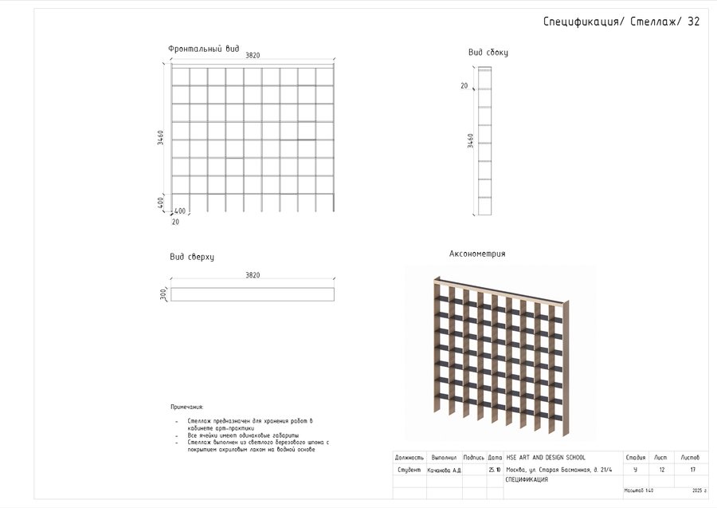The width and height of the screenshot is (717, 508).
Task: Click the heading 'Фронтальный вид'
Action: (203, 49)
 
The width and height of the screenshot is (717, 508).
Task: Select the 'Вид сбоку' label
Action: (488, 53)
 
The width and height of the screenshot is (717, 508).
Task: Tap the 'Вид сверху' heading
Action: (191, 257)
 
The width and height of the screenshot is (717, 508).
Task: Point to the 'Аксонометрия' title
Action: (477, 254)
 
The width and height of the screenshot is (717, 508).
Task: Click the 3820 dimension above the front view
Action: (253, 55)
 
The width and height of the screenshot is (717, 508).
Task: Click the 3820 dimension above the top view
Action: (253, 275)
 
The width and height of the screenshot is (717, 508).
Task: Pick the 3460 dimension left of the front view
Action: (161, 137)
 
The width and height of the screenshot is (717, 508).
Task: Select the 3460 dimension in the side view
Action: (470, 140)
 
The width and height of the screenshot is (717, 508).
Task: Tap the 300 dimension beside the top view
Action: (164, 294)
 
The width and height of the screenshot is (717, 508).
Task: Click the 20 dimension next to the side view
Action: (464, 85)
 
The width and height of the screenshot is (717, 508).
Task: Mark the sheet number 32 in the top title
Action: (693, 22)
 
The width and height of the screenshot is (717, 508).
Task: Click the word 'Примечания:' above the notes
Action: (186, 407)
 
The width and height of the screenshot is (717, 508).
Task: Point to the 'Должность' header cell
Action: (409, 458)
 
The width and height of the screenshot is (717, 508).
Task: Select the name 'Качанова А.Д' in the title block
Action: (445, 471)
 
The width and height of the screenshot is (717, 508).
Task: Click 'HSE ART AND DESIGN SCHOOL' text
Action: (546, 458)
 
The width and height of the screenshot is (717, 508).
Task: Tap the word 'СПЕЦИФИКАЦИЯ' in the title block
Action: (526, 480)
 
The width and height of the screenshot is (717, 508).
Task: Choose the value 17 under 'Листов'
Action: (692, 471)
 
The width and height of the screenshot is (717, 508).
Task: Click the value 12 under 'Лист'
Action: (661, 471)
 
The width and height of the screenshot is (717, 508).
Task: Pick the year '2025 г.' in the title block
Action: (699, 490)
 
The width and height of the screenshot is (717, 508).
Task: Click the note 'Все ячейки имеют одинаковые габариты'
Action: (243, 435)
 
